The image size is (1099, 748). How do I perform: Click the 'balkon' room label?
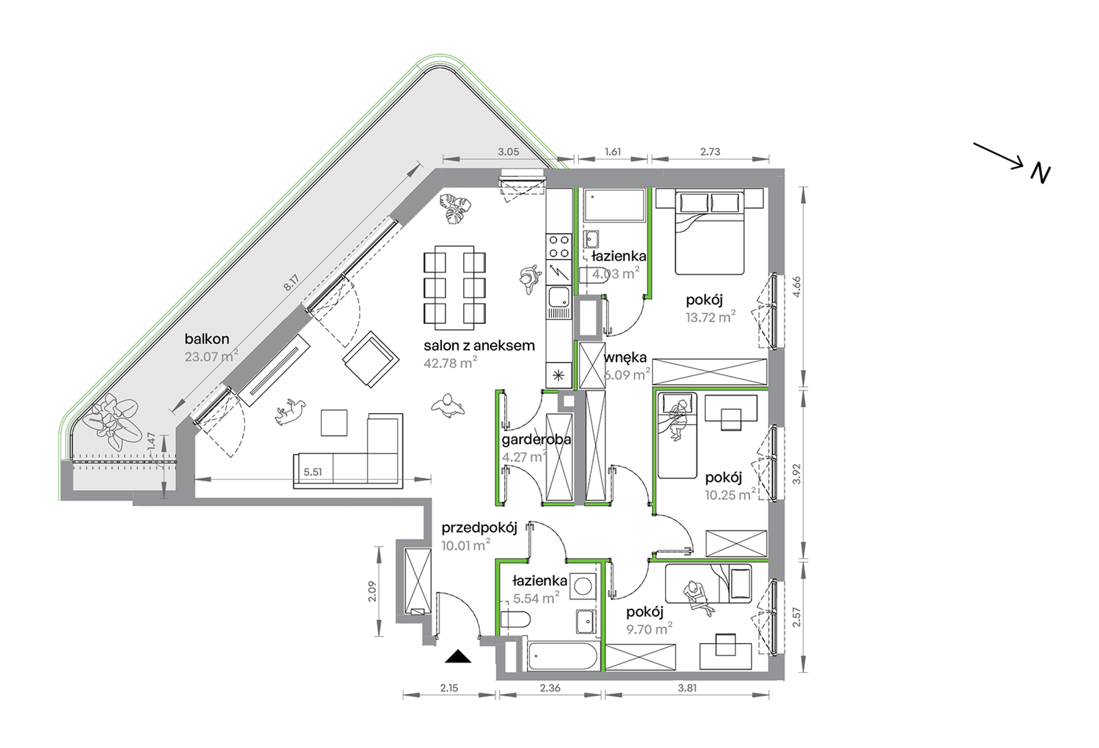coord(207,339)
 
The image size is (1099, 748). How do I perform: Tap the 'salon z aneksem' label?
coord(479,346)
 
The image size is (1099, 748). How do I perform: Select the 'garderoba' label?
coord(536,440)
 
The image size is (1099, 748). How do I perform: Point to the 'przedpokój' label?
coord(479,529)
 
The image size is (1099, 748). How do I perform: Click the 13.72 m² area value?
coord(711,317)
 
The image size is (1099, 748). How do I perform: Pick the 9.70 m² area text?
coord(649,629)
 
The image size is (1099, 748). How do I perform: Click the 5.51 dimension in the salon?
coord(312,472)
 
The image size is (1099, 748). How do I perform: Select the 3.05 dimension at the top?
coord(508,152)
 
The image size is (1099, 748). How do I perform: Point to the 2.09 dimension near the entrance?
coord(373,591)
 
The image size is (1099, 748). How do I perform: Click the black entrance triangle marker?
coord(458,656)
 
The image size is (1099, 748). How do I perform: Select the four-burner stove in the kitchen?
coord(559,246)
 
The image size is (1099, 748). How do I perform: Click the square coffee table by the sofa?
coord(334,422)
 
